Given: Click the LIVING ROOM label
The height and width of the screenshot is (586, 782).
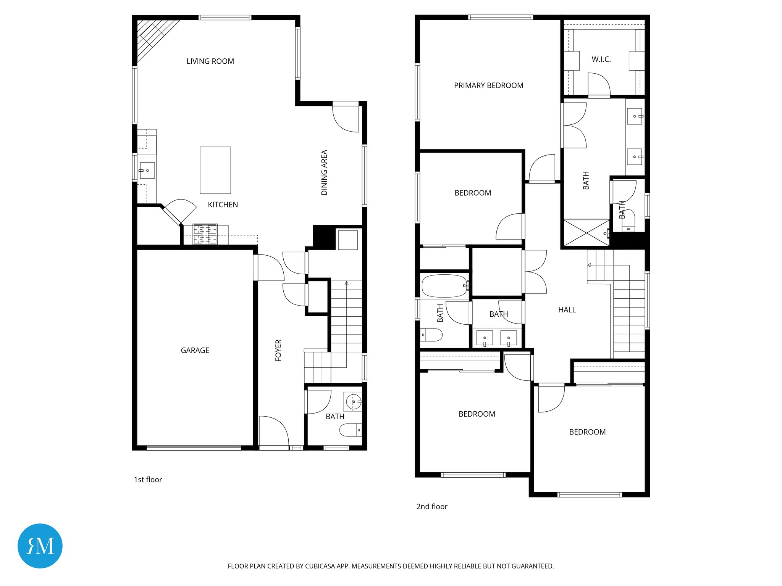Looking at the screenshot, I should pos(210,61).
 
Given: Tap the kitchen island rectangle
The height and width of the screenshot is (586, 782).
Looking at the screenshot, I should pos(215,170).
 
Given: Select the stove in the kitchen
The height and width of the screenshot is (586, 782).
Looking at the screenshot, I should pos(205,234).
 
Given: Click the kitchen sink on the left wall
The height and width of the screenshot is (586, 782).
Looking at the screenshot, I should pos(147,171).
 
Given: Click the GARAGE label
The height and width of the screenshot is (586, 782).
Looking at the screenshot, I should pos(195,350).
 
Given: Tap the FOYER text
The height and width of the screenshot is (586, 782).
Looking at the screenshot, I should pos(278,350).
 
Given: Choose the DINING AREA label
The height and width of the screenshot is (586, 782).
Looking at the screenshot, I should pos(324,172).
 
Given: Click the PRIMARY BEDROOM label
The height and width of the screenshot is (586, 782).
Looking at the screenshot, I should pos(488,85).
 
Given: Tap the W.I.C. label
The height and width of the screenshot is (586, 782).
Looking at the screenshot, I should pos(601,60).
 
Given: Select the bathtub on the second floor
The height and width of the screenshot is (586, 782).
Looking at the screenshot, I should pos(444,286).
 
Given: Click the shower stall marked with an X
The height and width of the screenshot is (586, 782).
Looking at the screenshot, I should pos(586,233).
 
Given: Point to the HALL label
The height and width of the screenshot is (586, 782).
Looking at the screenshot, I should pos(567,310).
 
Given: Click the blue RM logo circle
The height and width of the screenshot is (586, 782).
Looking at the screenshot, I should pos(40,546).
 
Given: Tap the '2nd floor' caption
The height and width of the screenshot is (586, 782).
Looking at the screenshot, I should pos(431,507).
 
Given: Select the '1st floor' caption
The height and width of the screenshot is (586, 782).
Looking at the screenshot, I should pos(148,480).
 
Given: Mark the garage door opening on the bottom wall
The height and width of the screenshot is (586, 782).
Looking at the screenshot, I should pos(194,448).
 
